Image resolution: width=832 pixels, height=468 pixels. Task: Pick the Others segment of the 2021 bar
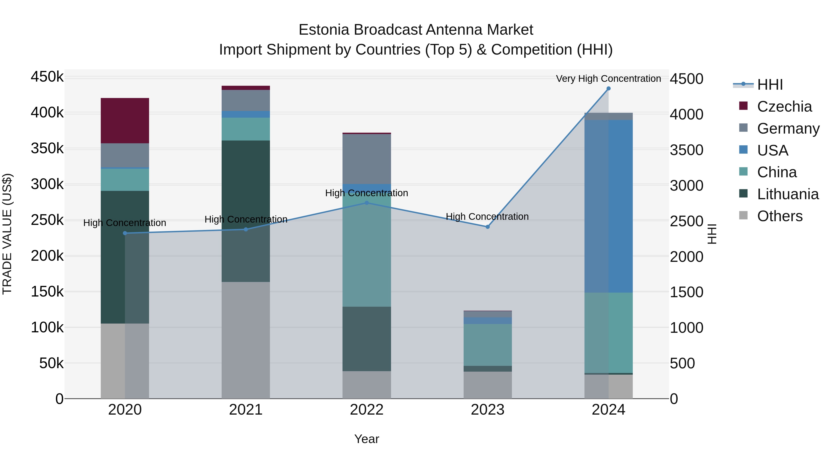coord(245,340)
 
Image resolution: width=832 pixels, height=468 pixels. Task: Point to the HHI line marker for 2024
coord(609,89)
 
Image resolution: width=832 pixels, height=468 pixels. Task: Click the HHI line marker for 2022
coord(367,203)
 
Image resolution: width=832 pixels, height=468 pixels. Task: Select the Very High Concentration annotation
coord(608,79)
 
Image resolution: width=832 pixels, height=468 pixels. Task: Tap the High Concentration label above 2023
coord(487,217)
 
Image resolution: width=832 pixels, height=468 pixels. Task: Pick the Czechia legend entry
coord(784,107)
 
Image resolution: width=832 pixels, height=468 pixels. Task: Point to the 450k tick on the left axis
coord(47,77)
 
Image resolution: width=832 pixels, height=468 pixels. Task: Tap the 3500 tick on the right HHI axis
coord(686,150)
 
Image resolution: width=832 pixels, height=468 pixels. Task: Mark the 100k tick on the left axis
coord(47,327)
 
